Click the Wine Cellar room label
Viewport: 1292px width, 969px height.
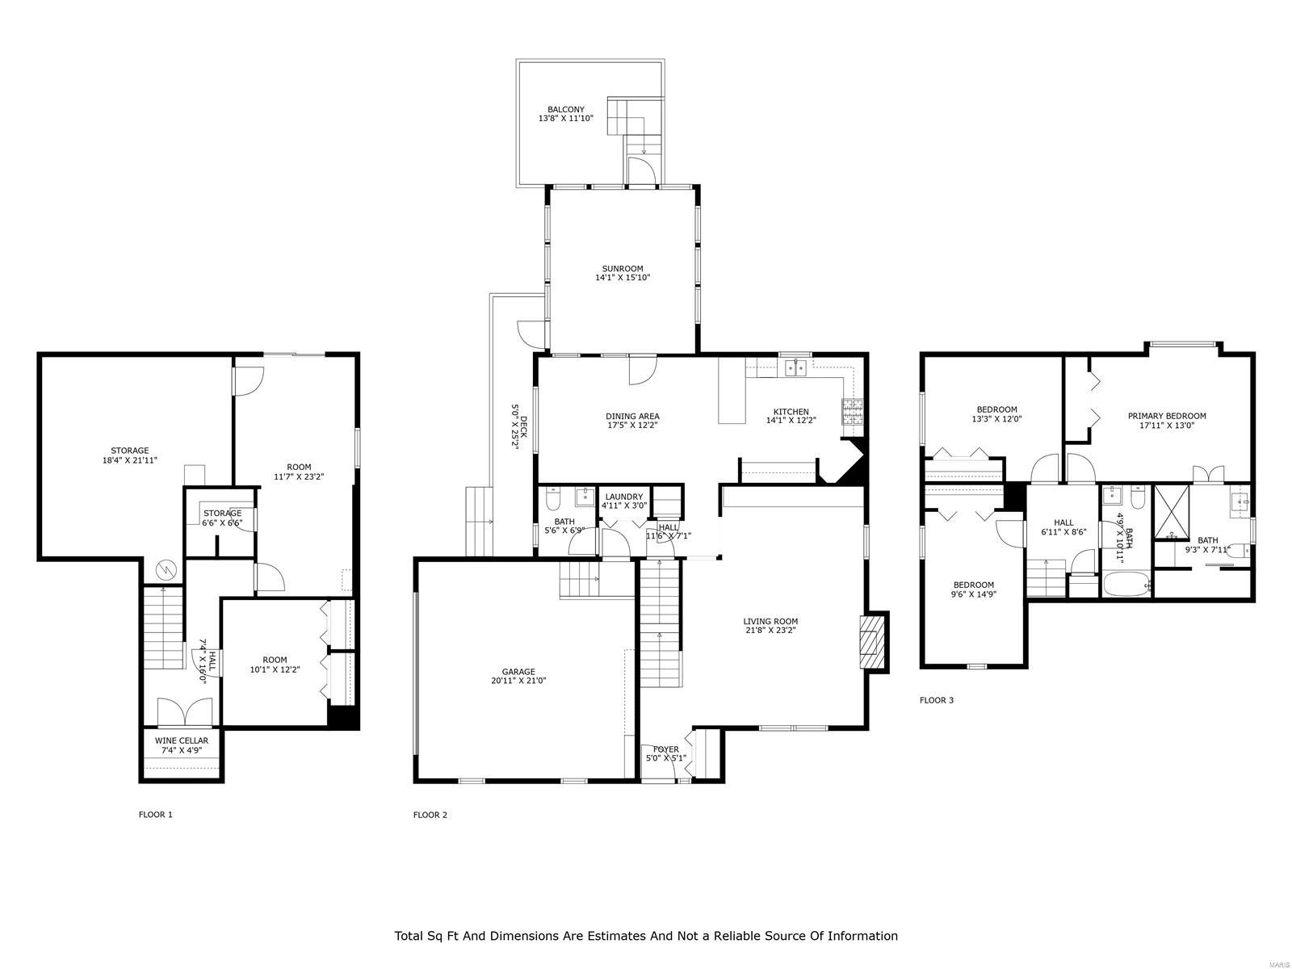coord(182,740)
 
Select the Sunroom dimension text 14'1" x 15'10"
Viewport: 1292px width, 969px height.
coord(623,278)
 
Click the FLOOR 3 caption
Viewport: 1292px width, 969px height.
coord(937,700)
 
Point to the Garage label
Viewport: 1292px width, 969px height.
coord(518,671)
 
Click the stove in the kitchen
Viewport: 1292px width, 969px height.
coord(853,413)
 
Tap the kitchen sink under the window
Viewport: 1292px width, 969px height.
coord(795,369)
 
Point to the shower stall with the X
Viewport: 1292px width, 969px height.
coord(1171,512)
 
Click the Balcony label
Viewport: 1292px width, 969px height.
coord(566,109)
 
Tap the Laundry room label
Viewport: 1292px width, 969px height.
coord(624,497)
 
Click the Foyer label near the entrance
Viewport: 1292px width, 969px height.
coord(666,749)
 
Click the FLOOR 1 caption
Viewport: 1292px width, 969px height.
coord(156,815)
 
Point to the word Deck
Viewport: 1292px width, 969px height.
coord(523,426)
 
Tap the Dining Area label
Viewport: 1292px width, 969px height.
coord(633,417)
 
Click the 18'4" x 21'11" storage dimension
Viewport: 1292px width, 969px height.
coord(130,460)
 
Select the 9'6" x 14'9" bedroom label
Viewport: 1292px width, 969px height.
coord(974,594)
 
